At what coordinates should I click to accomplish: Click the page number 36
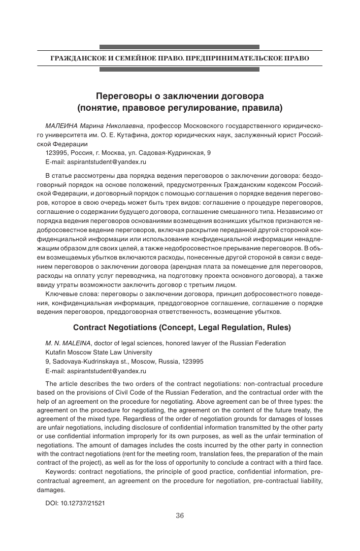[x=179, y=515]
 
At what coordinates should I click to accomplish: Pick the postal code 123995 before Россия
[x=56, y=152]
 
